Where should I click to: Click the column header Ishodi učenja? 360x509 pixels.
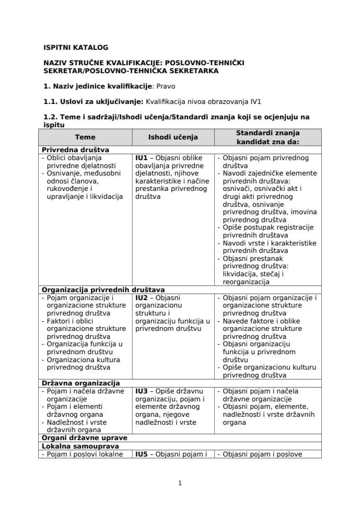pyautogui.click(x=173, y=137)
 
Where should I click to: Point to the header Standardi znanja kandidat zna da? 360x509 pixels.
pyautogui.click(x=268, y=137)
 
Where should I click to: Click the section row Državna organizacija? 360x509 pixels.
pyautogui.click(x=80, y=383)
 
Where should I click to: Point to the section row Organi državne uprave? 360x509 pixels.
pyautogui.click(x=83, y=438)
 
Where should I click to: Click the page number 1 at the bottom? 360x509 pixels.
pyautogui.click(x=180, y=483)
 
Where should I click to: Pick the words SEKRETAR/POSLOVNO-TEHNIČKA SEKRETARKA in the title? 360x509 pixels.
pyautogui.click(x=130, y=71)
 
